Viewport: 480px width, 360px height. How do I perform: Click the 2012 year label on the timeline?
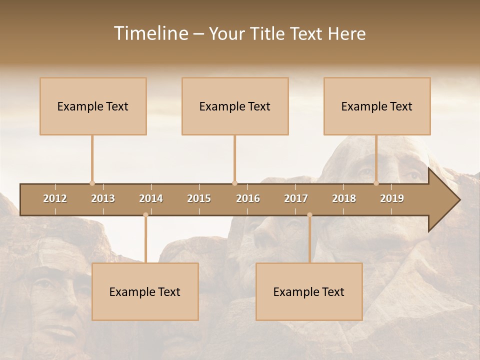[x=55, y=198]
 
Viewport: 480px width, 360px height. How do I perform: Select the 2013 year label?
[x=103, y=198]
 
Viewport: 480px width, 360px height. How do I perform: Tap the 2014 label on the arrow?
[x=151, y=198]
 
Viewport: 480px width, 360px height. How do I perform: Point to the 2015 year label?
[x=199, y=198]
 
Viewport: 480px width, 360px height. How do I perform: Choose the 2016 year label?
[x=248, y=198]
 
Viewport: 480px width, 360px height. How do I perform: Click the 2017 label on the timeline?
[x=296, y=198]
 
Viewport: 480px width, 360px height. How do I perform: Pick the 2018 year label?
[x=344, y=198]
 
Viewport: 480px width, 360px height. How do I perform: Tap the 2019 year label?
[x=392, y=198]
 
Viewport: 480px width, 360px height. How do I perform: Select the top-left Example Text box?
[x=93, y=106]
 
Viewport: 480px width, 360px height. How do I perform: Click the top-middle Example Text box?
[x=235, y=106]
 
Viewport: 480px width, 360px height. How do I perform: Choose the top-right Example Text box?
[x=377, y=106]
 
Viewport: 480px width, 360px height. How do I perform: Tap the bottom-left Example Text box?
[x=145, y=291]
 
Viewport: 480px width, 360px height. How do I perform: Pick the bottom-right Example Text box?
[x=309, y=291]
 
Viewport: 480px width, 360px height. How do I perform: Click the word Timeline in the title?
[x=150, y=33]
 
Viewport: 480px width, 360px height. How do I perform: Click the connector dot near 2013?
[x=92, y=183]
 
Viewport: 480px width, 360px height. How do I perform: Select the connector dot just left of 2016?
[x=234, y=183]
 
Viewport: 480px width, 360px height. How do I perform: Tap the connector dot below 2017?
[x=309, y=215]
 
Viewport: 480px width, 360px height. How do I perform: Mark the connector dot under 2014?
[x=145, y=215]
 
